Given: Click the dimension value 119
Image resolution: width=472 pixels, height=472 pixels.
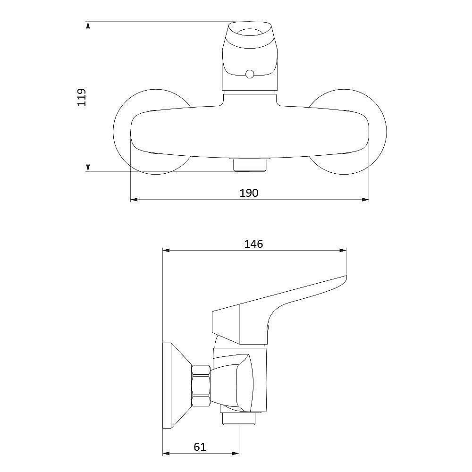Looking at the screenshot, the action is click(x=82, y=97).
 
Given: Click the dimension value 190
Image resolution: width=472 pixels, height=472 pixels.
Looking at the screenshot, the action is click(x=249, y=193).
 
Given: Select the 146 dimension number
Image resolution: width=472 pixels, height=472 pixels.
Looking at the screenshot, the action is click(x=253, y=244).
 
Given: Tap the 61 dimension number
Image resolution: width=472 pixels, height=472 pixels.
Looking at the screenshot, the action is click(x=200, y=447).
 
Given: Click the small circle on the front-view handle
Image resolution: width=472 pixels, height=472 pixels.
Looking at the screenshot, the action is click(x=250, y=74).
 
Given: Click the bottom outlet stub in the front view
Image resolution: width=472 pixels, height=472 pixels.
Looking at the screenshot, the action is click(x=250, y=165).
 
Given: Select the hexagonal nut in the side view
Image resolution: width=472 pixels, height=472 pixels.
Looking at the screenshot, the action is click(x=201, y=386).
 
